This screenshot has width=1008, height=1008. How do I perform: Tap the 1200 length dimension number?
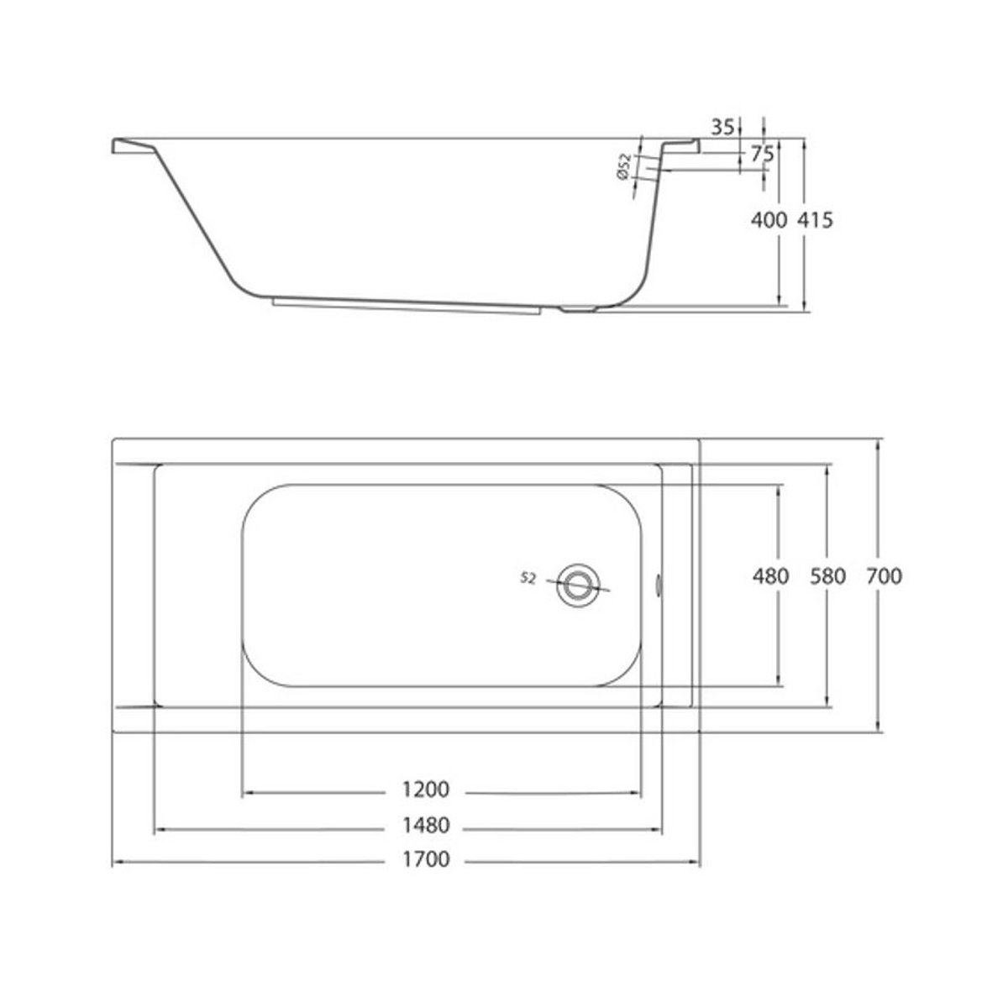tap(425, 790)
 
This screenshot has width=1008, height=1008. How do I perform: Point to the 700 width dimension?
tap(885, 576)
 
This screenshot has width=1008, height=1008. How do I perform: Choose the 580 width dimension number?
tap(828, 576)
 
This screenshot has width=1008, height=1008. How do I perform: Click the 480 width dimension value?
tap(771, 576)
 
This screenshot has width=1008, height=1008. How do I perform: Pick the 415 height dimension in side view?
tap(815, 220)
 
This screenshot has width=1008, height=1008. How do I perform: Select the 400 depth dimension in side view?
tap(769, 220)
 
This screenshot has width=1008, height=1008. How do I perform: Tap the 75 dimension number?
tap(762, 155)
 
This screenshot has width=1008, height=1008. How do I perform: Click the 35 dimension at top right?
tap(723, 127)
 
